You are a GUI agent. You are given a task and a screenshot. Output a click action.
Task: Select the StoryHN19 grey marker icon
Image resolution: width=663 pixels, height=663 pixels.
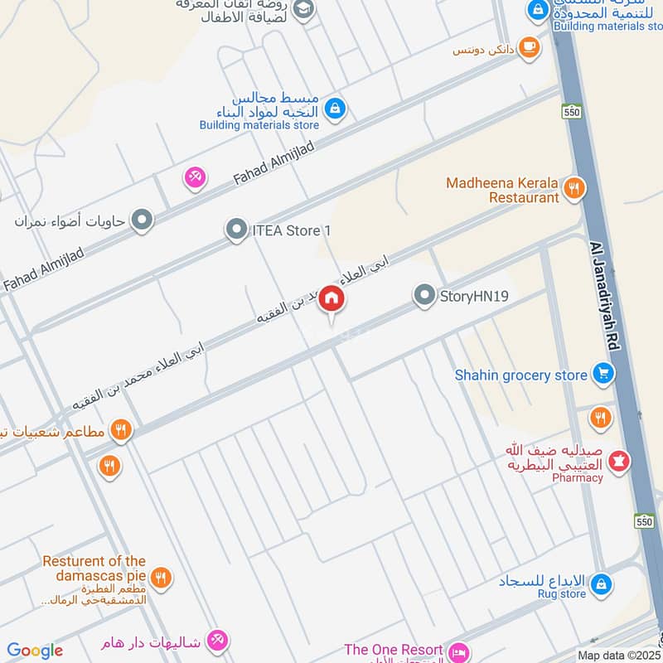pos(425,295)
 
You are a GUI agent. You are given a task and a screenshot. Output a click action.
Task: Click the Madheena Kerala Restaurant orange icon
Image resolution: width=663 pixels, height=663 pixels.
pos(573,189)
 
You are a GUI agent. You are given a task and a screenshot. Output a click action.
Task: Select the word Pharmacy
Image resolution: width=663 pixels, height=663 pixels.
pos(578,477)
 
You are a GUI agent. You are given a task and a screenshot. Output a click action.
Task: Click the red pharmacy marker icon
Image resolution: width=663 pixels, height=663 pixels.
pos(618,460)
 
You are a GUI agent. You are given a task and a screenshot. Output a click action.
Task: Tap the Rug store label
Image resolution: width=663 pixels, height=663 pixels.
pos(561,593)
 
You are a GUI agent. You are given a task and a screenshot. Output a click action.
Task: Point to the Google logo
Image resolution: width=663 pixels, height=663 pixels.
pos(35,651)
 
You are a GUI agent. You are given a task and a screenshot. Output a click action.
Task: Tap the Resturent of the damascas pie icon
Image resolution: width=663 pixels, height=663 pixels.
pos(162,578)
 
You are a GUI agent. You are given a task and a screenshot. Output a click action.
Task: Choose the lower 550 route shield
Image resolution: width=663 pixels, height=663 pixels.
pos(645,521)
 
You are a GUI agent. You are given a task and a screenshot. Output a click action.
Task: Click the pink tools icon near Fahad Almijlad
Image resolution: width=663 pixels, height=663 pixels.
pos(195,177)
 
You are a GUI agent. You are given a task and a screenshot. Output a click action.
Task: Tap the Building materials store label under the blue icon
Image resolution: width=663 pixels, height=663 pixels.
pos(259,125)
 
